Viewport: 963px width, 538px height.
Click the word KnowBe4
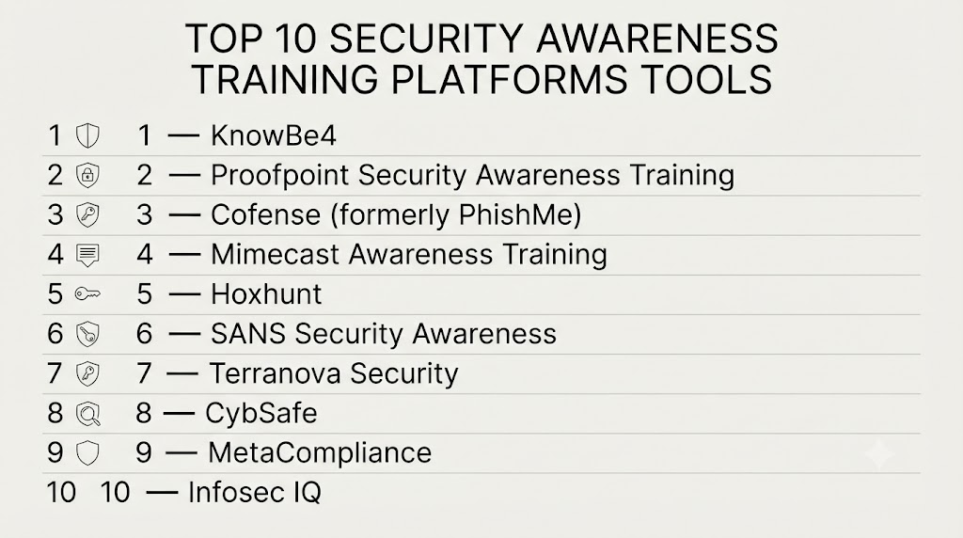[274, 135]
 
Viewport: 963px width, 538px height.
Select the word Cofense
[265, 215]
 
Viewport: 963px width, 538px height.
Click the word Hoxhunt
[266, 294]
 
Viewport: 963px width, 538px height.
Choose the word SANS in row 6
[248, 334]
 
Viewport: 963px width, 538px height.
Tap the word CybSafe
[261, 413]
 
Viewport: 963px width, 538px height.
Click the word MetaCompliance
[320, 452]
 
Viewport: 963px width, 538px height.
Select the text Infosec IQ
[254, 493]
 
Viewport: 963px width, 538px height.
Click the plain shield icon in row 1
[87, 135]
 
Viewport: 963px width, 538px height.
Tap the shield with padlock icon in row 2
[87, 176]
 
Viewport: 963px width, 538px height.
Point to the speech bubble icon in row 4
[87, 255]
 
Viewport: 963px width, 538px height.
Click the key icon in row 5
[87, 294]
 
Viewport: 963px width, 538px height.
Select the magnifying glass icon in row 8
[87, 414]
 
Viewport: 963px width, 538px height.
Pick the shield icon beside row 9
[87, 453]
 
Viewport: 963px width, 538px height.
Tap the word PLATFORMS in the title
[509, 79]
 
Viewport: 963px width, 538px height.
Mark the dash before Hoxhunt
[183, 294]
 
